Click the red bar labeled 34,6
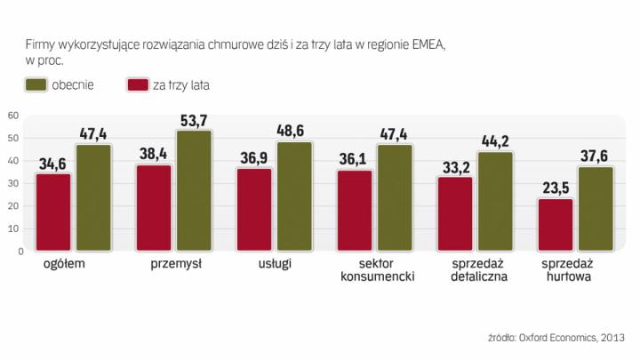(x=53, y=212)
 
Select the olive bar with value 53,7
(x=194, y=191)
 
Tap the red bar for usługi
(x=254, y=210)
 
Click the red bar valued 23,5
(x=556, y=225)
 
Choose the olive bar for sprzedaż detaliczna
(x=496, y=202)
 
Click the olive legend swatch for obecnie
(x=36, y=85)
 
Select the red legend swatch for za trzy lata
(x=140, y=85)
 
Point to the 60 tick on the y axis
(x=13, y=116)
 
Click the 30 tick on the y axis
(x=13, y=183)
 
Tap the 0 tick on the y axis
(x=17, y=251)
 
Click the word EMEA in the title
(x=410, y=44)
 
